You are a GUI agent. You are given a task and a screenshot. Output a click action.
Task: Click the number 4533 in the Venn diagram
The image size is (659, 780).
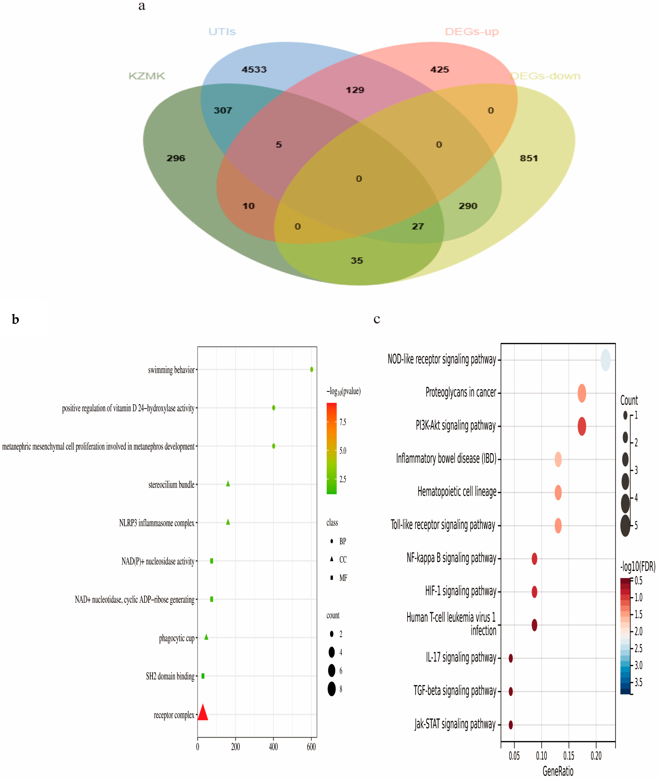[x=254, y=70]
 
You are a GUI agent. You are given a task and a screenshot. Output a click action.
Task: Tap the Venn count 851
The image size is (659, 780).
[x=529, y=158]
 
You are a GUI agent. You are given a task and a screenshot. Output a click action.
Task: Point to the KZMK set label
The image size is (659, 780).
[x=146, y=76]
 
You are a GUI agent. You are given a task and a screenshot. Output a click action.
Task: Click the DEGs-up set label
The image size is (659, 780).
[x=472, y=32]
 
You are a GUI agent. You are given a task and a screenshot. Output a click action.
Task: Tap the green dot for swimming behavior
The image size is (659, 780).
[x=312, y=369]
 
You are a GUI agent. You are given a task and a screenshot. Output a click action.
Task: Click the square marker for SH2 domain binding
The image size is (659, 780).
[x=203, y=676]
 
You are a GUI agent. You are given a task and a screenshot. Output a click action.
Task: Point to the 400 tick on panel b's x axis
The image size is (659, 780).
[x=273, y=747]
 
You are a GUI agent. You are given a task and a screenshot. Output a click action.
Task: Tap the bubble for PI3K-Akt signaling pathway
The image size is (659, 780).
[x=582, y=426]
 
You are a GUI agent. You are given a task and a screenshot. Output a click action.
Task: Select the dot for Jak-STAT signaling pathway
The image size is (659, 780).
[x=511, y=725]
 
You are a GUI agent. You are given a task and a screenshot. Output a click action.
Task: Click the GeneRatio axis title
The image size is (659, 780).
[x=558, y=771]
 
